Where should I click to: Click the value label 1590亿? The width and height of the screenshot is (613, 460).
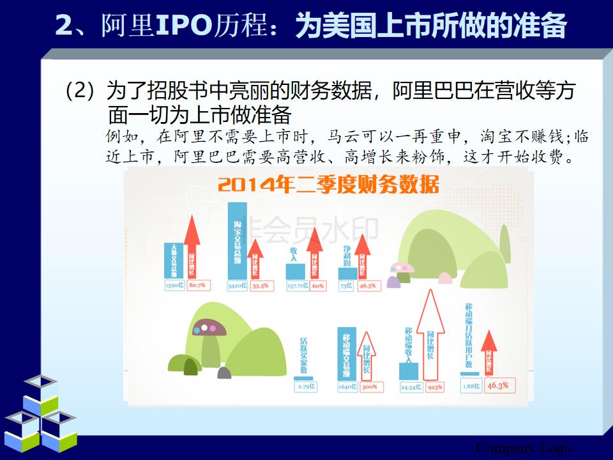[174, 286]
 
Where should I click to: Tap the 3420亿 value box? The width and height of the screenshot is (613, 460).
[237, 286]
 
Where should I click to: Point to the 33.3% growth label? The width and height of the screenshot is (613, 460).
[260, 286]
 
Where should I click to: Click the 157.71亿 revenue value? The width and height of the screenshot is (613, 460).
[297, 286]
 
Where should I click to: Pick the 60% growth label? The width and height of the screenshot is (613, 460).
[318, 286]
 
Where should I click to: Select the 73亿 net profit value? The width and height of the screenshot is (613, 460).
[345, 286]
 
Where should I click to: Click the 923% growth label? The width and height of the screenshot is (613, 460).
[435, 387]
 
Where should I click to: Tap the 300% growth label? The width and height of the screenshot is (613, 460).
[370, 387]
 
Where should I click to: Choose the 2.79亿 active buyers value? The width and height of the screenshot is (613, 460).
[306, 387]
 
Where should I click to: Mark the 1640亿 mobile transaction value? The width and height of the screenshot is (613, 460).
[347, 387]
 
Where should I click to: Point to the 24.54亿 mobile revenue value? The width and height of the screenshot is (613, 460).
[410, 387]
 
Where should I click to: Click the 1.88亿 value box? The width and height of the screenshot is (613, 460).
[471, 385]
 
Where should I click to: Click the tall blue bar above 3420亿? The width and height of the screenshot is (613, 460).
[237, 240]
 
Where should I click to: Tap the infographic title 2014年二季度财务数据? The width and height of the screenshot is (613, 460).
[328, 185]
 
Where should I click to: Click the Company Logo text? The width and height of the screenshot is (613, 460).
[524, 448]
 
